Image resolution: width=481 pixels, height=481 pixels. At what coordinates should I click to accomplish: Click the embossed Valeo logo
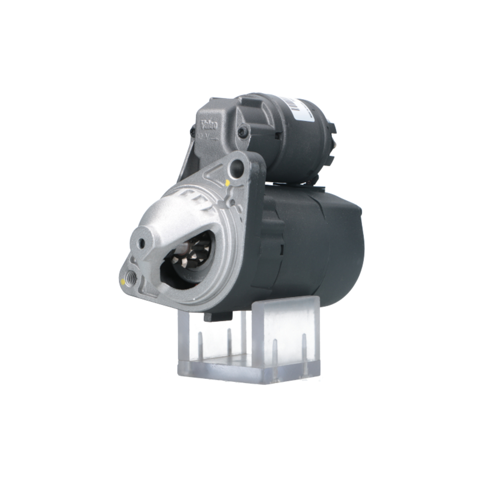tap(209, 124)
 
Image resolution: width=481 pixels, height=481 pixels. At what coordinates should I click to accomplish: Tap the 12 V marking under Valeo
tap(204, 136)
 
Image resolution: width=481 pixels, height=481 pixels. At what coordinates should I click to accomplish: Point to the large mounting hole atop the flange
tap(237, 167)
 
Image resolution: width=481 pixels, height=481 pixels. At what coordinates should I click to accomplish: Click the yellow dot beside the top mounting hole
tap(228, 183)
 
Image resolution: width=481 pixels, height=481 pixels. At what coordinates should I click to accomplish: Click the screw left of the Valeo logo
tap(193, 130)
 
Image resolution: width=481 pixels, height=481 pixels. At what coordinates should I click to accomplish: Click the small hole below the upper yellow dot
tap(233, 203)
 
